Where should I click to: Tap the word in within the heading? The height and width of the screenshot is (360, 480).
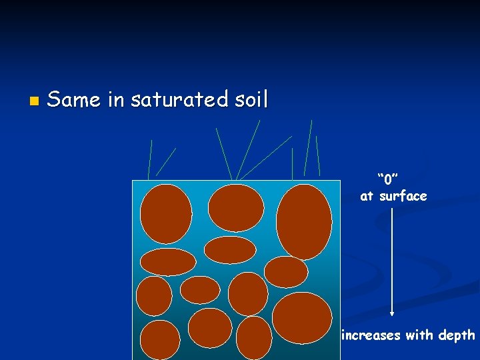115,100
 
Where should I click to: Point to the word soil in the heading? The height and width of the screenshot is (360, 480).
249,100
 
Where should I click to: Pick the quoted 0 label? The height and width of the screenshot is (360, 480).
387,179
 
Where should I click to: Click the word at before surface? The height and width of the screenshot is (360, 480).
367,196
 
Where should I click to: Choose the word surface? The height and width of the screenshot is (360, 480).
403,196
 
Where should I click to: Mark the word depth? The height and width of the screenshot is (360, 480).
457,335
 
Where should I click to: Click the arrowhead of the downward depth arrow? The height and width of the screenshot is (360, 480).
392,312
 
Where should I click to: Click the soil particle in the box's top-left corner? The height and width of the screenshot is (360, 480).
166,213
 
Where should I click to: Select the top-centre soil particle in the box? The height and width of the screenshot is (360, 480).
236,207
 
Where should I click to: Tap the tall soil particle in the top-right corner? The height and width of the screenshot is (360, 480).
303,221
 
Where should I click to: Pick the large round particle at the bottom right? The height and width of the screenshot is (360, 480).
302,317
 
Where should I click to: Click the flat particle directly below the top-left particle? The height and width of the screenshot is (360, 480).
168,262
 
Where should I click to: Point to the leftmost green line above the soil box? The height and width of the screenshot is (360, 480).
150,160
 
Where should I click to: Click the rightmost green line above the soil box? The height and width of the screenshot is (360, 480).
317,156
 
